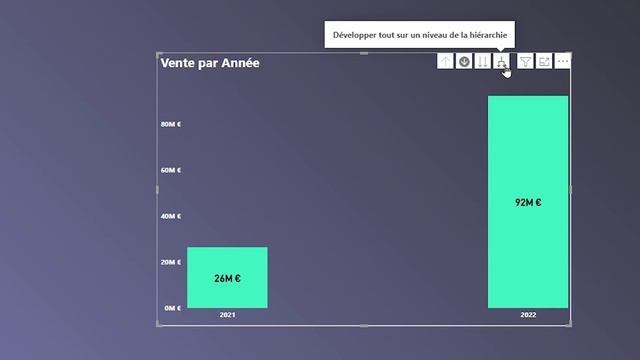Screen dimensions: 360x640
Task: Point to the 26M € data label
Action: tap(227, 278)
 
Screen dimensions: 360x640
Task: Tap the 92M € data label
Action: tap(528, 202)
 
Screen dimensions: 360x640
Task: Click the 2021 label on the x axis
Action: tap(228, 315)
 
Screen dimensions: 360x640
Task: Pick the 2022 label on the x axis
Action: tap(528, 315)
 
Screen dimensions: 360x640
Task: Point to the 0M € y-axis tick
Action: tap(173, 308)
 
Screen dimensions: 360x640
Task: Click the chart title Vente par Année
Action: tap(209, 63)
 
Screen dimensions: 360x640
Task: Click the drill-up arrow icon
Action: tap(445, 62)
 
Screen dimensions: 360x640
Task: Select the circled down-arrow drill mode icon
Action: tap(464, 62)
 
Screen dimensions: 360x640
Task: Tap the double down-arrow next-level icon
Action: tap(483, 62)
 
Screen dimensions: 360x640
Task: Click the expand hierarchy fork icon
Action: tap(502, 62)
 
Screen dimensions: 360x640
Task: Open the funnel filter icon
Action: tap(525, 62)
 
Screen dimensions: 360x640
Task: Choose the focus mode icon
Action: tap(544, 62)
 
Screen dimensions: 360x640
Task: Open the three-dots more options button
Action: tap(563, 62)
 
